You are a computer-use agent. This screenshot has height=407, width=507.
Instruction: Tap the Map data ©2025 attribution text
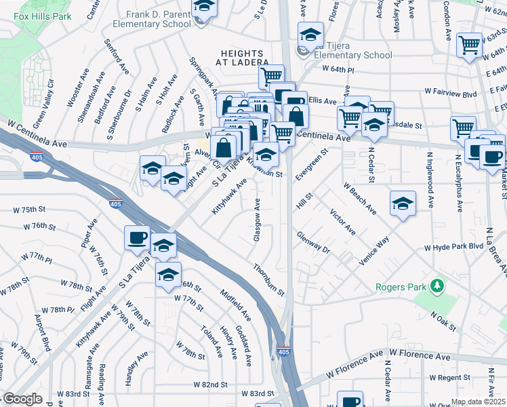(x=478, y=402)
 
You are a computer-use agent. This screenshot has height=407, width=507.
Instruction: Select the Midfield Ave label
(x=235, y=305)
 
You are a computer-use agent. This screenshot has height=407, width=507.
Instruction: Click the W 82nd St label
(x=210, y=385)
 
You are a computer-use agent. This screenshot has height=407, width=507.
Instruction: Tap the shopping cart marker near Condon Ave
(x=469, y=45)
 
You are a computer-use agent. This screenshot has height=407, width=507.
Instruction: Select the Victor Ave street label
(x=343, y=222)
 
